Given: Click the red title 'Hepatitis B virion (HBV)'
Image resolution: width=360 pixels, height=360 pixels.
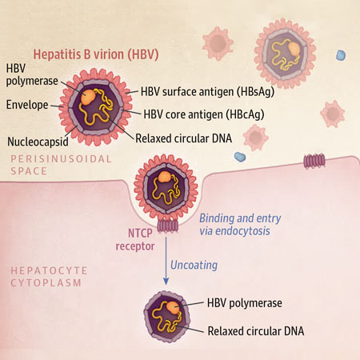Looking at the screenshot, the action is (96, 54).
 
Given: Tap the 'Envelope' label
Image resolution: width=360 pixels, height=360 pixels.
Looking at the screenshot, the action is (27, 105).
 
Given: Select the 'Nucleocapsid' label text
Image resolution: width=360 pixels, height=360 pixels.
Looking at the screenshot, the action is (38, 142).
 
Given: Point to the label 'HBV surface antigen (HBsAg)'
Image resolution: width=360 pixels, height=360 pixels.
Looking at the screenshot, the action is (207, 92).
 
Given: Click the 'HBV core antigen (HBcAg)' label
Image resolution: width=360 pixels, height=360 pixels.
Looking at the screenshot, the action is (204, 114).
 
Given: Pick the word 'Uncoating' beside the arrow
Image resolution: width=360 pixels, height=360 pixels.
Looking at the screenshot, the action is (194, 266).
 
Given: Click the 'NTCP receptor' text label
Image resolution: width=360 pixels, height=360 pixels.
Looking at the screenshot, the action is (135, 239).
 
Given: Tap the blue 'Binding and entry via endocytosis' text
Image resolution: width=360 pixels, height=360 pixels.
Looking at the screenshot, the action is (240, 225).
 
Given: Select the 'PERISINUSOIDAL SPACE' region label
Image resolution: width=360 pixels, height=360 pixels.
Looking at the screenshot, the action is (61, 165).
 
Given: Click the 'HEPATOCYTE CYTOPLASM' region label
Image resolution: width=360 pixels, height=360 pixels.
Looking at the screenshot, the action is (49, 277).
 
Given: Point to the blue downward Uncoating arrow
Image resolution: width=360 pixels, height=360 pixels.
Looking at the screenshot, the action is (166, 261).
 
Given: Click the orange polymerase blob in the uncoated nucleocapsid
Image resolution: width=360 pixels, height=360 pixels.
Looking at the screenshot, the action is (174, 308).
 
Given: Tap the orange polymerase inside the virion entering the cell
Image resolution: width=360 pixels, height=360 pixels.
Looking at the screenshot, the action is (164, 177).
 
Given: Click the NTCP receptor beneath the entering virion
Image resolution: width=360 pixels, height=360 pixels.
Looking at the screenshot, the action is (167, 226).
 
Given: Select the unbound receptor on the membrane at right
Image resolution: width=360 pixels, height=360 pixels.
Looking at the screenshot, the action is (314, 161).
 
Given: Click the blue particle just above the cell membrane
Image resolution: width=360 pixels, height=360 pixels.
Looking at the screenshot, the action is (240, 157).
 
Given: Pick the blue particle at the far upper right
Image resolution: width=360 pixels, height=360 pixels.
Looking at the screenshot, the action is (341, 55).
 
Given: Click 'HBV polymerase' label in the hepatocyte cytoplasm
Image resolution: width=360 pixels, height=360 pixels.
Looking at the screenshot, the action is (245, 303).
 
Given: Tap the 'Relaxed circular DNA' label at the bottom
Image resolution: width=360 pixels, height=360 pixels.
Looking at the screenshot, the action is (256, 331).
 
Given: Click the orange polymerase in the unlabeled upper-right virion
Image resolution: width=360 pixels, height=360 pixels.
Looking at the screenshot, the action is (294, 50).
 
